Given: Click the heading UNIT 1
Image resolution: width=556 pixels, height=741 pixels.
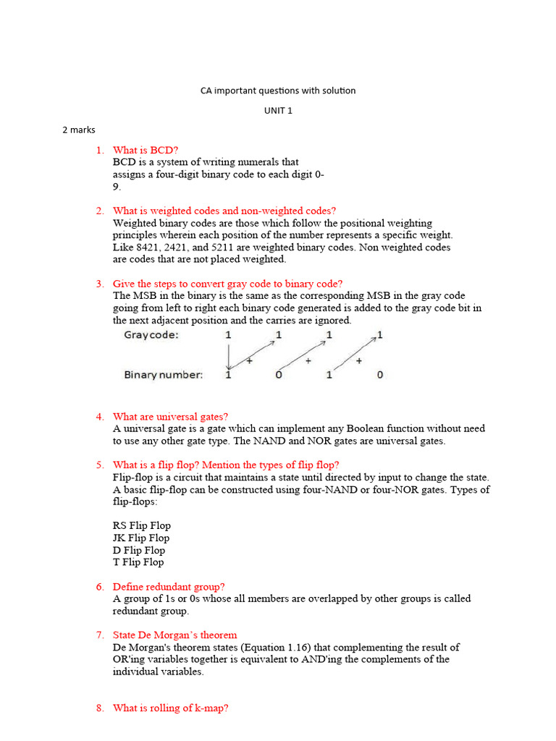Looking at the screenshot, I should click(278, 110).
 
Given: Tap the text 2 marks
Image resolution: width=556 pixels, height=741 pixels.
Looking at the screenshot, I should click(79, 130).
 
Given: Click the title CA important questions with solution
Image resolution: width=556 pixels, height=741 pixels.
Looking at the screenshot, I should click(278, 90).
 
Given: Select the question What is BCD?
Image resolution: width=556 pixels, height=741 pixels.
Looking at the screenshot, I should click(146, 150).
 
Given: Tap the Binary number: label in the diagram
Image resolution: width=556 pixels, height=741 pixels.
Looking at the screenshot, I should click(164, 375).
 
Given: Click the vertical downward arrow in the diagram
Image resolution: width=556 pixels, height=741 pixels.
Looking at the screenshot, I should click(229, 355).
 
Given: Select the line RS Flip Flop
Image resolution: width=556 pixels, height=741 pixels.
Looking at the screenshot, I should click(142, 525).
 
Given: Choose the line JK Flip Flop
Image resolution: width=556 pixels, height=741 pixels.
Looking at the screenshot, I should click(141, 538).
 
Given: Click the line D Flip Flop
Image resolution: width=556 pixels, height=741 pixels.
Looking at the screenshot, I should click(139, 550).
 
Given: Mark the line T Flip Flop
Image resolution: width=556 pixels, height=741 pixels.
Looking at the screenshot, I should click(138, 562).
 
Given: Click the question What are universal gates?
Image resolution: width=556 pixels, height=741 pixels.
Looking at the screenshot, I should click(171, 416).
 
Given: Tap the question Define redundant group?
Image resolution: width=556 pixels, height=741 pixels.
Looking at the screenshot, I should click(169, 586).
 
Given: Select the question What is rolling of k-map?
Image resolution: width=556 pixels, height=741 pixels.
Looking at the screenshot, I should click(171, 708).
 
